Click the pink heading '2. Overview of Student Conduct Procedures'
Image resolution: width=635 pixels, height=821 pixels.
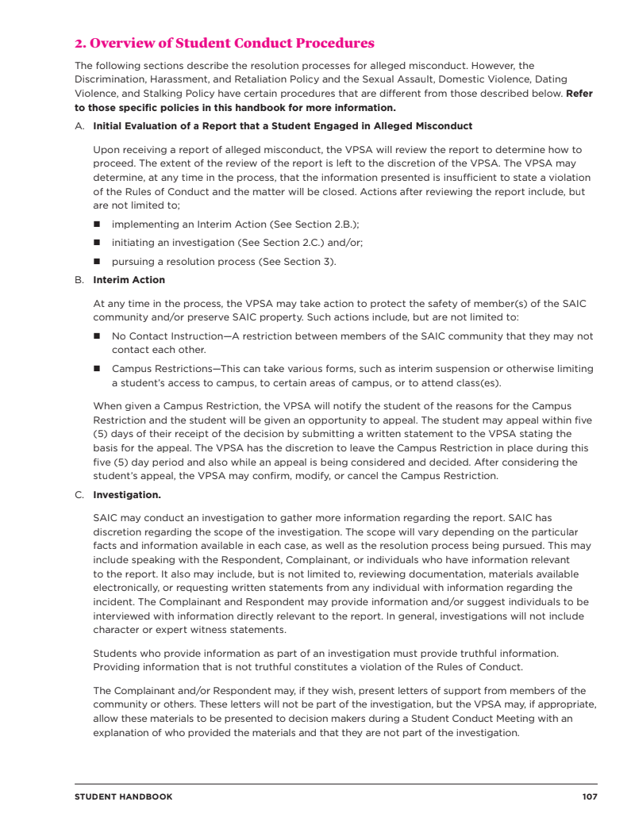[225, 43]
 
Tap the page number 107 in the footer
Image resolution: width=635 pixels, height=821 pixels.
[589, 796]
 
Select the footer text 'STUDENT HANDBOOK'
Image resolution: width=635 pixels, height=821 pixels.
[123, 796]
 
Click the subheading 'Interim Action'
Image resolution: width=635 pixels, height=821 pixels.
[129, 280]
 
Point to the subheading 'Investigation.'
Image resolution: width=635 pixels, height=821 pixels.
[127, 495]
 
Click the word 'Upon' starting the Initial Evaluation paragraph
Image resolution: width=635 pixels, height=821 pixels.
[106, 149]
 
